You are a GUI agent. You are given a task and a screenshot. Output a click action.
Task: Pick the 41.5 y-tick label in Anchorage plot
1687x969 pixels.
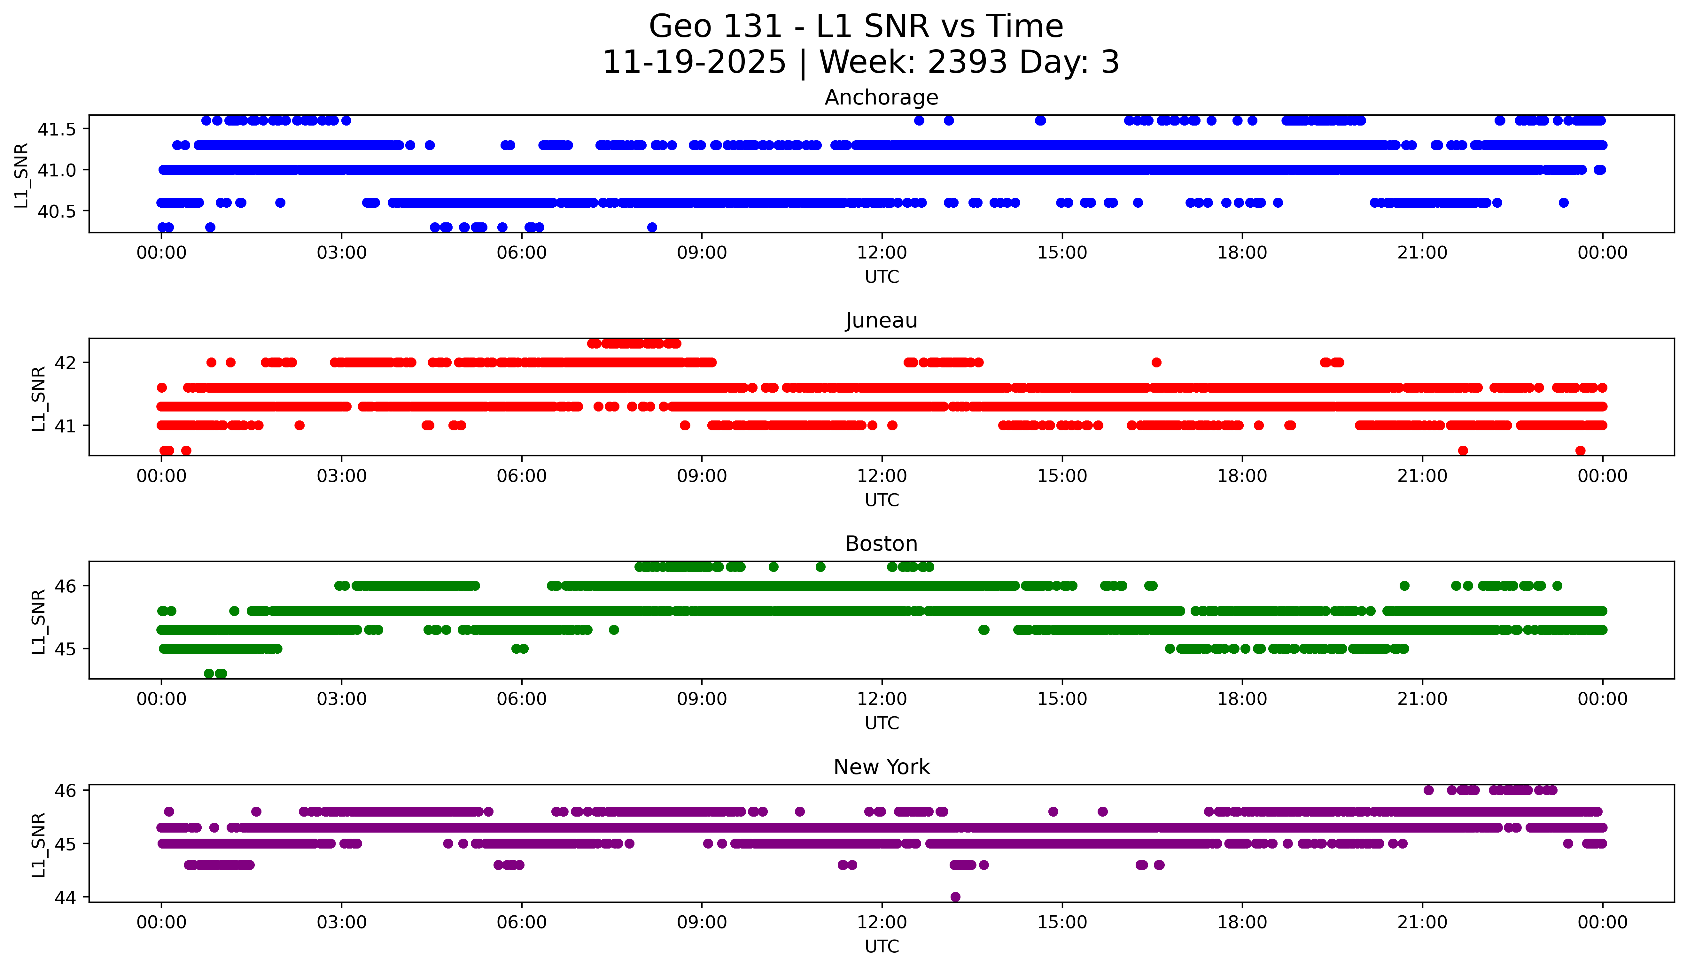click(57, 129)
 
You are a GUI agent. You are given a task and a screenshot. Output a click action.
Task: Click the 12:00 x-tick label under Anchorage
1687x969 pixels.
click(882, 253)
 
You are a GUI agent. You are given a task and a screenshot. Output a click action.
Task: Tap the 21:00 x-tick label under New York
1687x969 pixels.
click(1422, 922)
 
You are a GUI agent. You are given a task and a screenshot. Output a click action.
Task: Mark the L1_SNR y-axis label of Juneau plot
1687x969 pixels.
click(39, 398)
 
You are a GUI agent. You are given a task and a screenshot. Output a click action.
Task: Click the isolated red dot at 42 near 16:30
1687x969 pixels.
click(1156, 363)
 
